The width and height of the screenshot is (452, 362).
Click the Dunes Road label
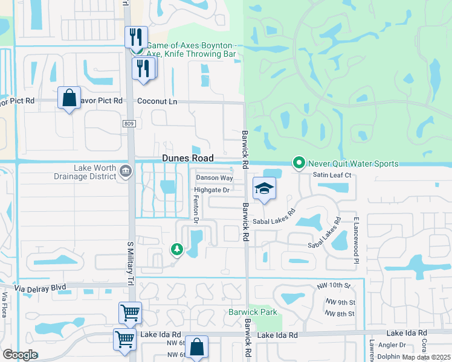(x=187, y=158)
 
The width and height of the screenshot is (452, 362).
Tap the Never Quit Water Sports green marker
(x=298, y=163)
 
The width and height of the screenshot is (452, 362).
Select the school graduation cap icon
(x=264, y=189)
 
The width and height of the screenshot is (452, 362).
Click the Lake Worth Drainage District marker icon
(x=125, y=171)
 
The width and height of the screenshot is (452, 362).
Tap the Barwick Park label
(x=253, y=312)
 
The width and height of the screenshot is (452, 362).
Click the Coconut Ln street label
(x=157, y=101)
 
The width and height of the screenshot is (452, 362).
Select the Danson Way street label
(x=214, y=178)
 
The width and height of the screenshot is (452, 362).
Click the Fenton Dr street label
(x=195, y=209)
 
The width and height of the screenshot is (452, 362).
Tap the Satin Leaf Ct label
(x=332, y=175)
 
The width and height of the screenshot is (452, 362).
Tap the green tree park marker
(x=176, y=249)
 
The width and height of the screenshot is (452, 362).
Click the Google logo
(x=19, y=355)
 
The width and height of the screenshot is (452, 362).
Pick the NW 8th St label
(x=340, y=314)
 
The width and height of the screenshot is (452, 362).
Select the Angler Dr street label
(x=393, y=345)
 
